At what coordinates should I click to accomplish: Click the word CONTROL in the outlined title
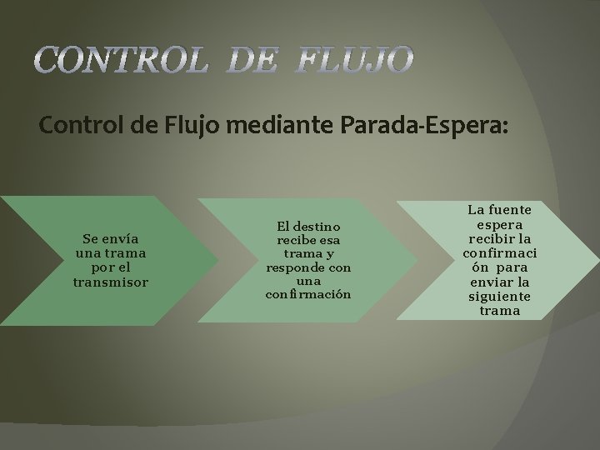120,60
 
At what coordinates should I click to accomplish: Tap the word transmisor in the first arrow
110,282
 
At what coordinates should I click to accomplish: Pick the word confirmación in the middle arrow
308,294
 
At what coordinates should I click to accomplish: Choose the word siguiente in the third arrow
500,297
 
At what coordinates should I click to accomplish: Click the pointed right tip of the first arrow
218,261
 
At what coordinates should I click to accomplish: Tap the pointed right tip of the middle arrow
416,261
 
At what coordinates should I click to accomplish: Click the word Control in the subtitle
80,126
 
